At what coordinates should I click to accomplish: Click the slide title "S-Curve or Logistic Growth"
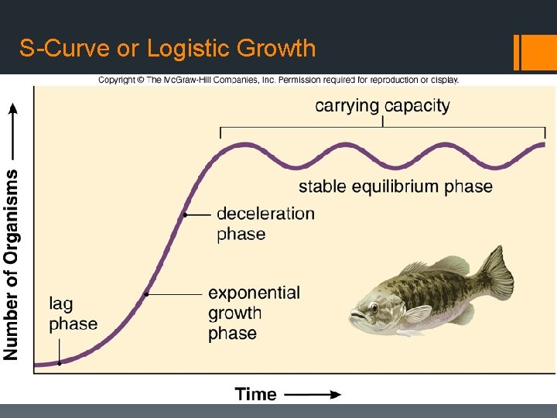point(168,49)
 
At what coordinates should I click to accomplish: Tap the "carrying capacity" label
point(382,105)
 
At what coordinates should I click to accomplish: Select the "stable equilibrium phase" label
point(395,186)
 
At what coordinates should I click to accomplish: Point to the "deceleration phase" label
point(265,223)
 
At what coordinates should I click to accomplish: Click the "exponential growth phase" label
point(254,313)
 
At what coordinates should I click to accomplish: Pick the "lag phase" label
point(73,313)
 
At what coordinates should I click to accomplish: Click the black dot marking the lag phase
point(60,362)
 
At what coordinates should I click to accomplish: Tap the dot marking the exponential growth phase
point(147,294)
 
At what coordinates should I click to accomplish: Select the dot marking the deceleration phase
point(186,214)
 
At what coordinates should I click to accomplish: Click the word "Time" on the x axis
point(256,394)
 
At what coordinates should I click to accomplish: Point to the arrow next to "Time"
point(313,394)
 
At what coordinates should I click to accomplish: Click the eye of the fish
point(374,306)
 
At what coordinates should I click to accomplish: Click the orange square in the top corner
point(538,52)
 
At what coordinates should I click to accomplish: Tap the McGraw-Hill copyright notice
point(278,80)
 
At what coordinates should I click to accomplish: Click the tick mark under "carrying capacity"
point(382,121)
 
